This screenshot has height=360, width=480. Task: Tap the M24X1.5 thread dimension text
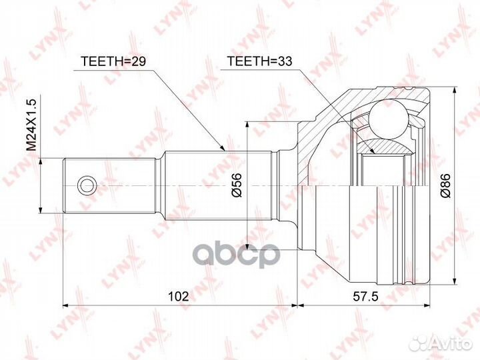point(30,127)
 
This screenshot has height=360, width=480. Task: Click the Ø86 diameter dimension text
point(445,185)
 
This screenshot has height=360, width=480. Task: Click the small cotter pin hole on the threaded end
point(85,185)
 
